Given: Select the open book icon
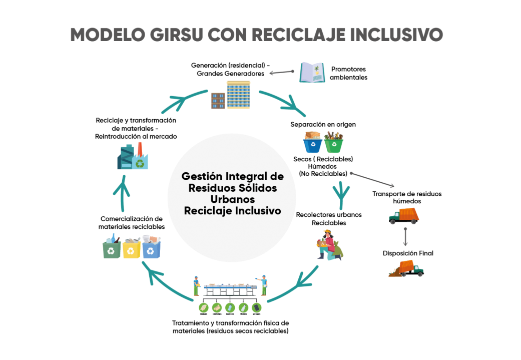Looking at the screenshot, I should click(x=312, y=73).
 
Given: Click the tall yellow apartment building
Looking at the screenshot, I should click(x=238, y=95).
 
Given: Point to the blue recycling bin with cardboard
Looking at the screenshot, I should click(x=313, y=142).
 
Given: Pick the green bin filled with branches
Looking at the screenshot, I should click(x=334, y=142).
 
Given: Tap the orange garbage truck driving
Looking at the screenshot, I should click(x=404, y=215).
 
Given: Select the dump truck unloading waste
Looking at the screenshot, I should click(x=406, y=269).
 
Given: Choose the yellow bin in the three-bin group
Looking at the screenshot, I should click(x=131, y=248).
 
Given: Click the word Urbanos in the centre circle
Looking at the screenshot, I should click(x=232, y=199).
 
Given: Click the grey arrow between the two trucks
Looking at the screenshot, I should click(x=405, y=236).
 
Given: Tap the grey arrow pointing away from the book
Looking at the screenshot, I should click(x=281, y=73).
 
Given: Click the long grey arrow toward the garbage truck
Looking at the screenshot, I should click(x=372, y=180).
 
